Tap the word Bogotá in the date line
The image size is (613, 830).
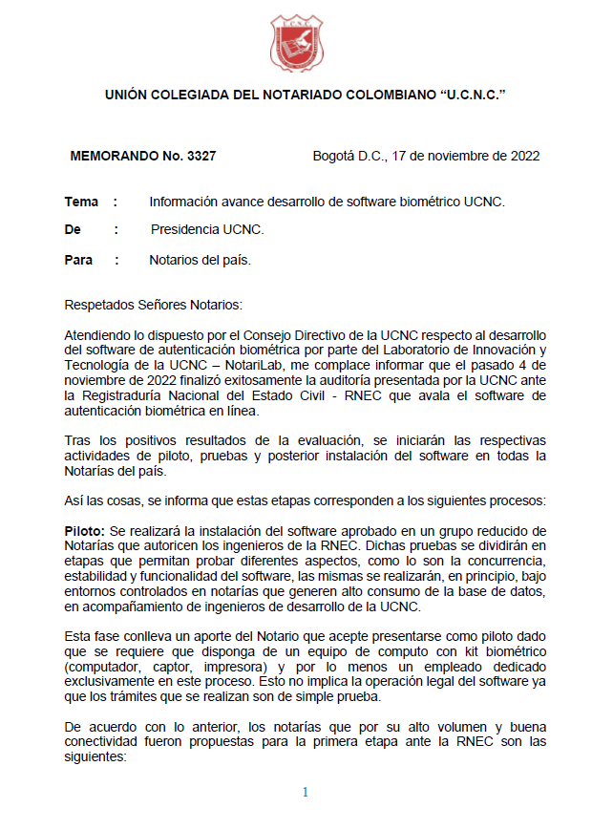[x=334, y=157]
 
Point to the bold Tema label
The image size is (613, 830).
[x=81, y=202]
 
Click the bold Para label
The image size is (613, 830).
[x=78, y=260]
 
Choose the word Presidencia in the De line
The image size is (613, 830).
[x=187, y=230]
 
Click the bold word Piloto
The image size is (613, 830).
[x=84, y=529]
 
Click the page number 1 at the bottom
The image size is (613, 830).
[x=306, y=792]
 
